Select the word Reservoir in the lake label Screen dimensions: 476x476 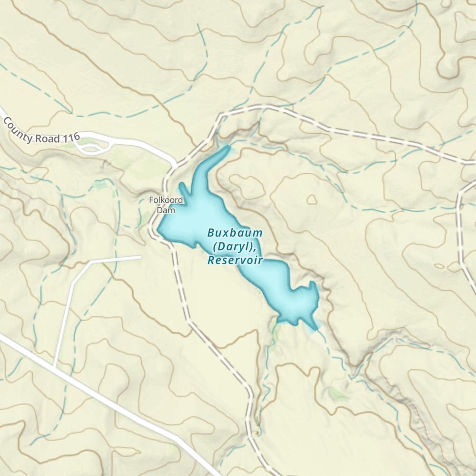coord(235,260)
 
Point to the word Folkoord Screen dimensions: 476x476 coord(166,200)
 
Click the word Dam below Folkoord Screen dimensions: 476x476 coord(167,209)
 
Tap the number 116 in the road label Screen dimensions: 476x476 coord(70,139)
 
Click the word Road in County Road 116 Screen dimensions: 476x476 coord(47,138)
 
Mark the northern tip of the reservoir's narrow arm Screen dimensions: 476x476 coord(229,147)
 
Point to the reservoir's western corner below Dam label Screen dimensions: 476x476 coord(159,230)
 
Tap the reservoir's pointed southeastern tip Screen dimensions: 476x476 coord(316,329)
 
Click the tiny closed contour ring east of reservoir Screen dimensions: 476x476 coord(312,199)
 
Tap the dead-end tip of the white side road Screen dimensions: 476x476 coord(140,258)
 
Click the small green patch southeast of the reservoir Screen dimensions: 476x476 coord(337,393)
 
